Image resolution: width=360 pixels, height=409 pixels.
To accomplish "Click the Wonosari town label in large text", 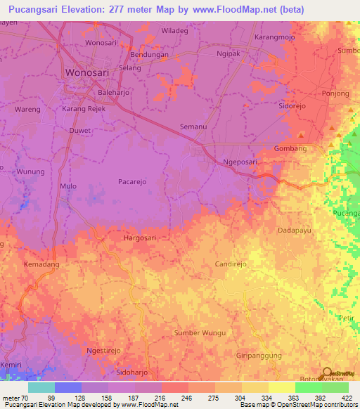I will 89,72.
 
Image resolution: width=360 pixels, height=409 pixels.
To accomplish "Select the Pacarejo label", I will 133,181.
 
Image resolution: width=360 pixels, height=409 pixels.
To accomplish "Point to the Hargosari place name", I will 140,238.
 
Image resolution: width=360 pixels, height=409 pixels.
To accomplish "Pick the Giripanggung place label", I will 259,356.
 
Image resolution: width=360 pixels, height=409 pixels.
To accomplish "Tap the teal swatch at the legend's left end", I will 41,387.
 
